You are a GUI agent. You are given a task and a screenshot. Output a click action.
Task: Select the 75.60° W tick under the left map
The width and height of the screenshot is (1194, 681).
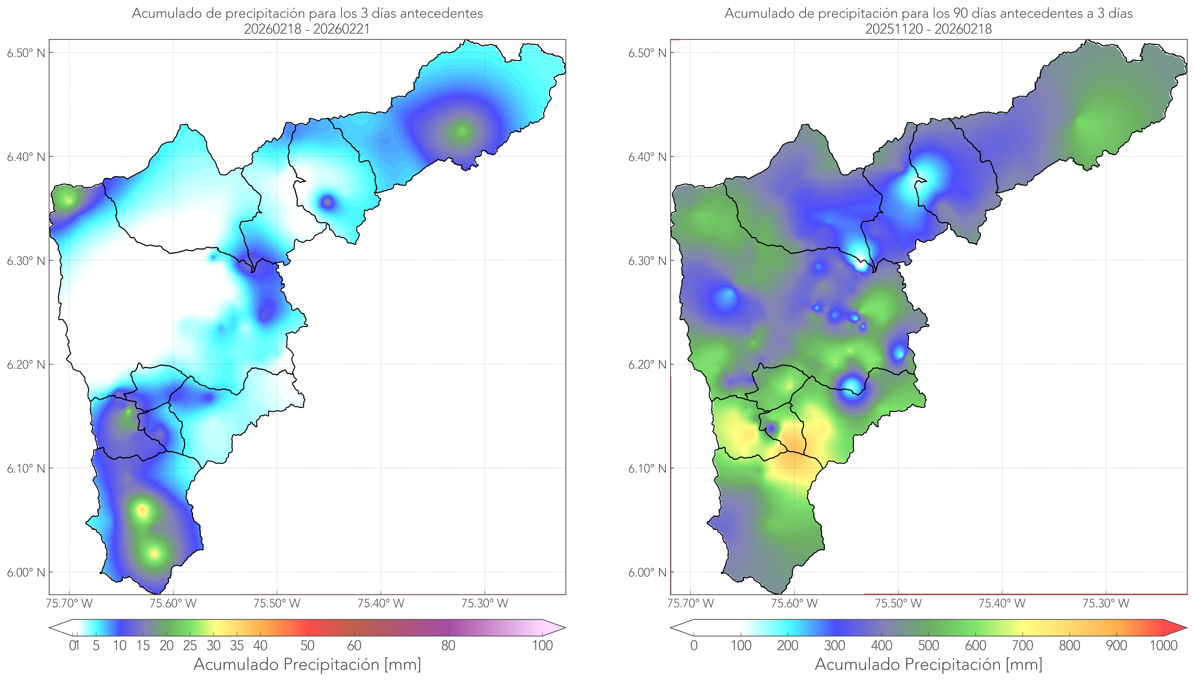[173, 603]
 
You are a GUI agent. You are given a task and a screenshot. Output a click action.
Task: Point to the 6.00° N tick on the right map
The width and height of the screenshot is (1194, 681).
[647, 573]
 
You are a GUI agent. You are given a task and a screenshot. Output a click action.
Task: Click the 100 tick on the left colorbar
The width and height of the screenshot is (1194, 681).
[542, 645]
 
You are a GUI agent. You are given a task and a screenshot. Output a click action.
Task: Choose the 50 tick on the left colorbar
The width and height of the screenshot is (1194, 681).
[307, 645]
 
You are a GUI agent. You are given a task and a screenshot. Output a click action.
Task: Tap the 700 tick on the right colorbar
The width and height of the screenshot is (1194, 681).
[1022, 645]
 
